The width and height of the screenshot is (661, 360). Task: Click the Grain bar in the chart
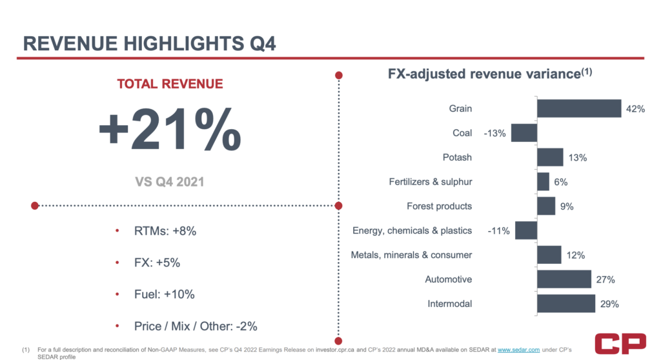[x=578, y=109]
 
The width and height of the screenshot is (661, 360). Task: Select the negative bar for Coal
[x=524, y=134]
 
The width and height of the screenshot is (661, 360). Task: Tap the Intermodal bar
[x=565, y=304]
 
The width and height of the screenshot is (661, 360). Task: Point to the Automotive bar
[x=564, y=279]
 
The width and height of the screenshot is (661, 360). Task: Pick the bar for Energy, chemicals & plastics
[x=525, y=230]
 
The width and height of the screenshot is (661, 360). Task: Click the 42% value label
[x=635, y=109]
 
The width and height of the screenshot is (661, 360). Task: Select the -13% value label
[x=495, y=134]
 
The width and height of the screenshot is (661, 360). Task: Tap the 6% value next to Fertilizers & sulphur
[x=560, y=182]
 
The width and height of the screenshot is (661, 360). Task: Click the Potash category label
[x=457, y=157]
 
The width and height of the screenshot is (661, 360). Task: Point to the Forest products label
[x=439, y=206]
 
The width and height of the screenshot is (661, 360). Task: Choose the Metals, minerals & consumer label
[x=411, y=255]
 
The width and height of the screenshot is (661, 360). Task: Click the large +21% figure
[x=170, y=130]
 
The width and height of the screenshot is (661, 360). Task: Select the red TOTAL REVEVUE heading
[x=170, y=84]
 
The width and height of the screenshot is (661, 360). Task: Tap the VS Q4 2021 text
[x=170, y=181]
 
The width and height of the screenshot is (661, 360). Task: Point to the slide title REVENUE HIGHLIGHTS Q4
[x=150, y=43]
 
